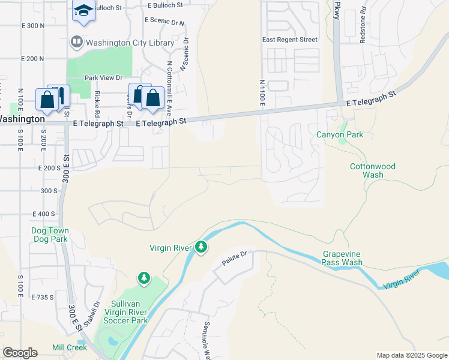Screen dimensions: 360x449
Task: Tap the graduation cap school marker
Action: coord(83,10)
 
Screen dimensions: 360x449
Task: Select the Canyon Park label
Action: coord(340,134)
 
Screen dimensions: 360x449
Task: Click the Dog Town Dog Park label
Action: coord(50,235)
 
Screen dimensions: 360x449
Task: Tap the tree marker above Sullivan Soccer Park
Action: coord(143,278)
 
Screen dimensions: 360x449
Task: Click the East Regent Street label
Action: coord(290,40)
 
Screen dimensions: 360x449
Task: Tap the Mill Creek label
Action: coord(70,347)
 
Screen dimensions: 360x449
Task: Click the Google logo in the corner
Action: coord(20,353)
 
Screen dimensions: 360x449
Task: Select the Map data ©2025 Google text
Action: coord(412,355)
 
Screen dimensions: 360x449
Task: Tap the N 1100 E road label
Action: coord(262,93)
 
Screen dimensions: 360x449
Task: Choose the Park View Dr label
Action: coord(103,77)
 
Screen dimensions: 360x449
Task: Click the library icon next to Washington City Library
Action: coord(76,42)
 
